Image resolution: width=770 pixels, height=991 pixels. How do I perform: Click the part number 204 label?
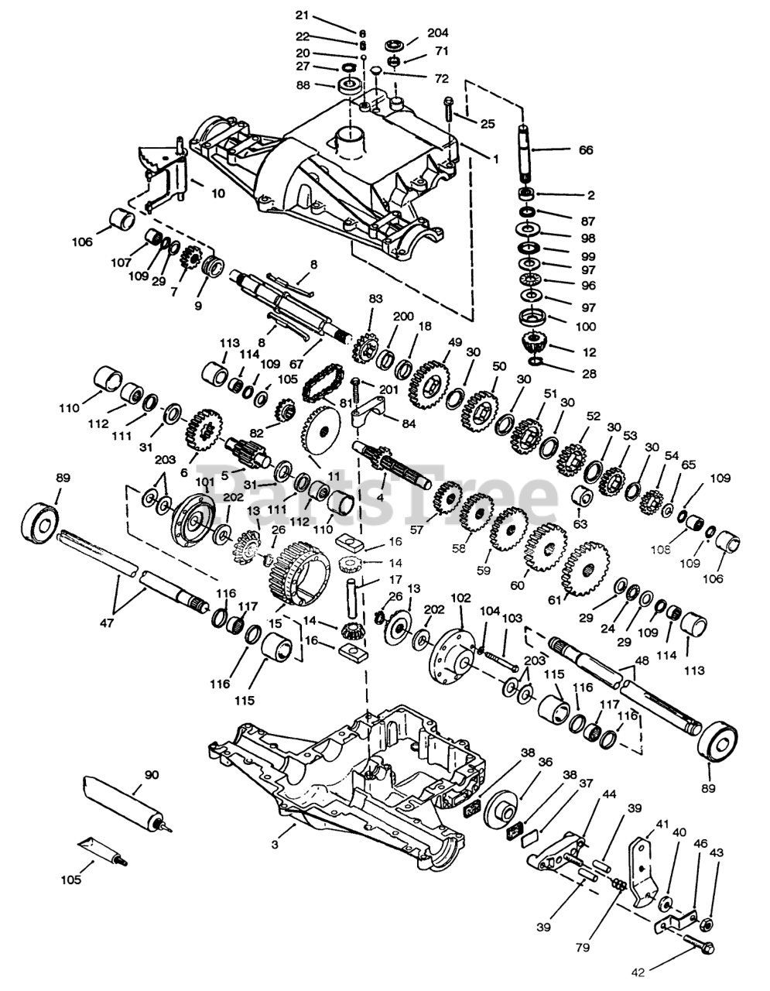pyautogui.click(x=437, y=33)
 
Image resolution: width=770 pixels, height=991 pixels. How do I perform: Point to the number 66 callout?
pyautogui.click(x=586, y=150)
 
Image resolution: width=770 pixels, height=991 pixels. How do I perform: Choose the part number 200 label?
pyautogui.click(x=403, y=317)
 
